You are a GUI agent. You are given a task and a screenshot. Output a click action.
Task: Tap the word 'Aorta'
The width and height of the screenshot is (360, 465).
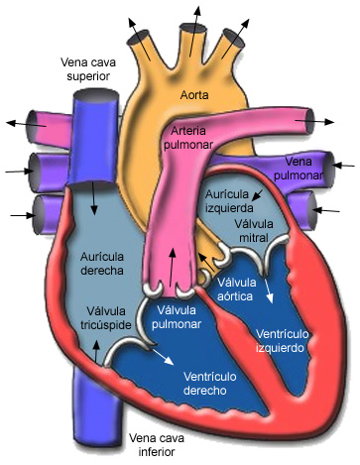(x=195, y=95)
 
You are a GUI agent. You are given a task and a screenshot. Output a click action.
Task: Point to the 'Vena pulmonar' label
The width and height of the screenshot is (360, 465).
(x=304, y=168)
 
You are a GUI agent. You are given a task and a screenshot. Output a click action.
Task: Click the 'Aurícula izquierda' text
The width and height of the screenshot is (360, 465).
(x=230, y=200)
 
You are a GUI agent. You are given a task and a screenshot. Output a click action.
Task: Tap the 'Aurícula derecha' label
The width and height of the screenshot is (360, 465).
(x=101, y=263)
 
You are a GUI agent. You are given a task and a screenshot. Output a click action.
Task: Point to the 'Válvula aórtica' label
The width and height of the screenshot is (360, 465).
(x=237, y=289)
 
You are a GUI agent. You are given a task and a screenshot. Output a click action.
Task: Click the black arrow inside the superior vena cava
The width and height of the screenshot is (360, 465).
(x=95, y=198)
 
